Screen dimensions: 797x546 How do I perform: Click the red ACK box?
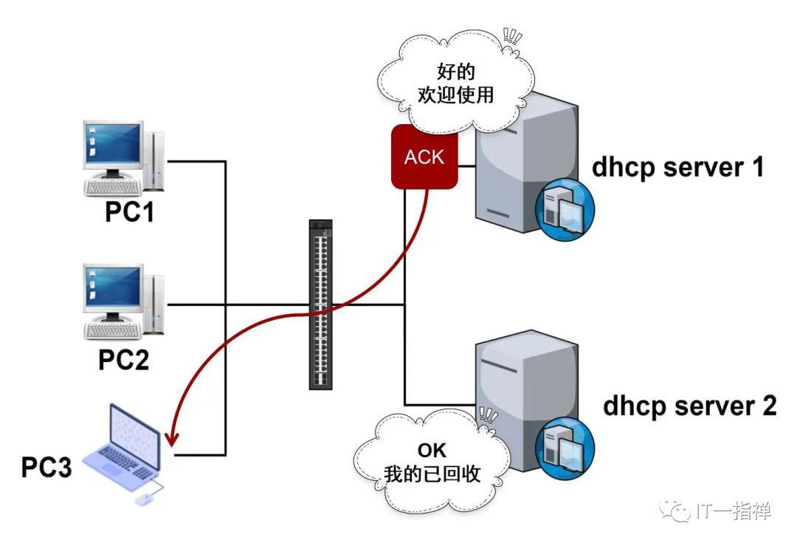tap(424, 157)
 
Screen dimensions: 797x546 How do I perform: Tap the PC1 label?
tap(129, 212)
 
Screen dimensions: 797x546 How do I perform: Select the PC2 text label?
tap(123, 359)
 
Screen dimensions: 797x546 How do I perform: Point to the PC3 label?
tap(46, 467)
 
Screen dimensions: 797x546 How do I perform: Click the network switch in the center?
tap(321, 304)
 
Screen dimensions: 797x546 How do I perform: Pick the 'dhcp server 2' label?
tap(690, 406)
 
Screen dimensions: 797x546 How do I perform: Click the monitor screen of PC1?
tap(114, 144)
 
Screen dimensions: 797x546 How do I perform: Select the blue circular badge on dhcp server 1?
tap(565, 209)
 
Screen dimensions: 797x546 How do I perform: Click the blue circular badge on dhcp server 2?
tap(565, 448)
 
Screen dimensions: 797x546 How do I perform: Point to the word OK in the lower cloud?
tap(432, 451)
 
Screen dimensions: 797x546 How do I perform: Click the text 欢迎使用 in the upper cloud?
tap(456, 95)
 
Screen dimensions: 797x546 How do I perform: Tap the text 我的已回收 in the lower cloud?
tap(432, 474)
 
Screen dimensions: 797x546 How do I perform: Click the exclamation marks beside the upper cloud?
tap(512, 36)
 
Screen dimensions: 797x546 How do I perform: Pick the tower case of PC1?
tap(154, 161)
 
